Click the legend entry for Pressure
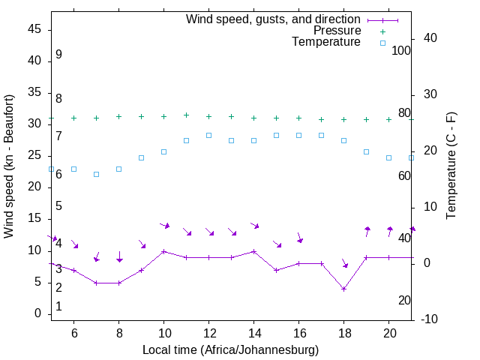(337, 31)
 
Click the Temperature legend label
(326, 43)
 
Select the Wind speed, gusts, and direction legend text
(273, 19)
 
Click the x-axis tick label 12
(208, 332)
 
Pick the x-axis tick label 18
(343, 332)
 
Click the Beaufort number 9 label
(58, 55)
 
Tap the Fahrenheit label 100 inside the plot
(401, 50)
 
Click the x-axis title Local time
(230, 349)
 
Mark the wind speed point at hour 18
(343, 289)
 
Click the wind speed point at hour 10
(163, 251)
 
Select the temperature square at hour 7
(96, 174)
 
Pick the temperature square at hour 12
(208, 135)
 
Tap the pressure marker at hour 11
(186, 115)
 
